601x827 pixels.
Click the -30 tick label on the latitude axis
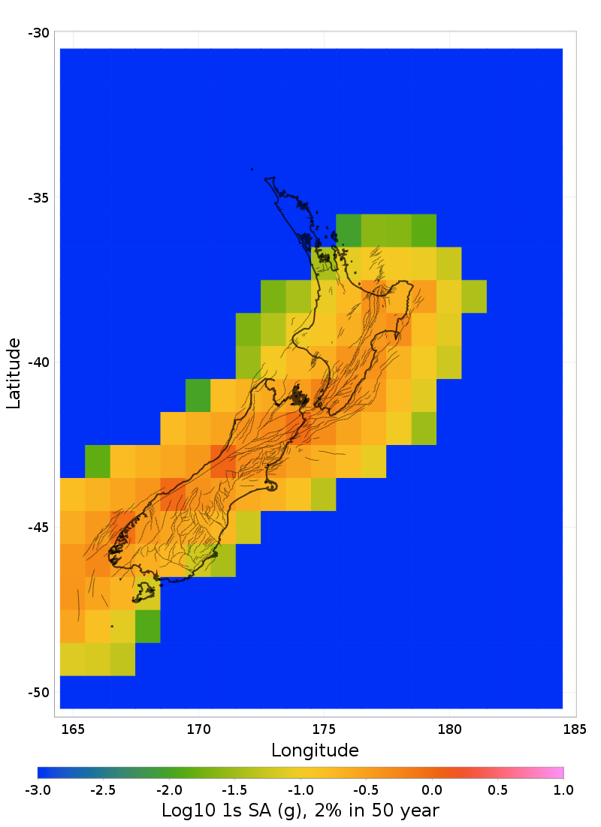[x=39, y=33]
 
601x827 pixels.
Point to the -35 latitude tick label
[x=39, y=198]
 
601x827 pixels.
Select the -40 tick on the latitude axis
[x=39, y=362]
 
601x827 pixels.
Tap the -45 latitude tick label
[x=39, y=528]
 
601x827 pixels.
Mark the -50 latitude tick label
[x=39, y=693]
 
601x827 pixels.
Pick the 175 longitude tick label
[x=324, y=729]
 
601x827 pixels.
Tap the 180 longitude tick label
[x=449, y=729]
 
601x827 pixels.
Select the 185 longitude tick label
[x=575, y=729]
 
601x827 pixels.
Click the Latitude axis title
[x=14, y=373]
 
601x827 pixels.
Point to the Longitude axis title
[x=315, y=750]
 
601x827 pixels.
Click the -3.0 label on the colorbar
[x=38, y=790]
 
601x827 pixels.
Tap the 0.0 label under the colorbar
[x=432, y=790]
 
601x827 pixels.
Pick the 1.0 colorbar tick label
[x=563, y=790]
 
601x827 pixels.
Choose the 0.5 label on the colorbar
[x=498, y=790]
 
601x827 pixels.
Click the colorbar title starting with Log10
[x=300, y=810]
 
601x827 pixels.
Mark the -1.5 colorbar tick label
[x=234, y=790]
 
